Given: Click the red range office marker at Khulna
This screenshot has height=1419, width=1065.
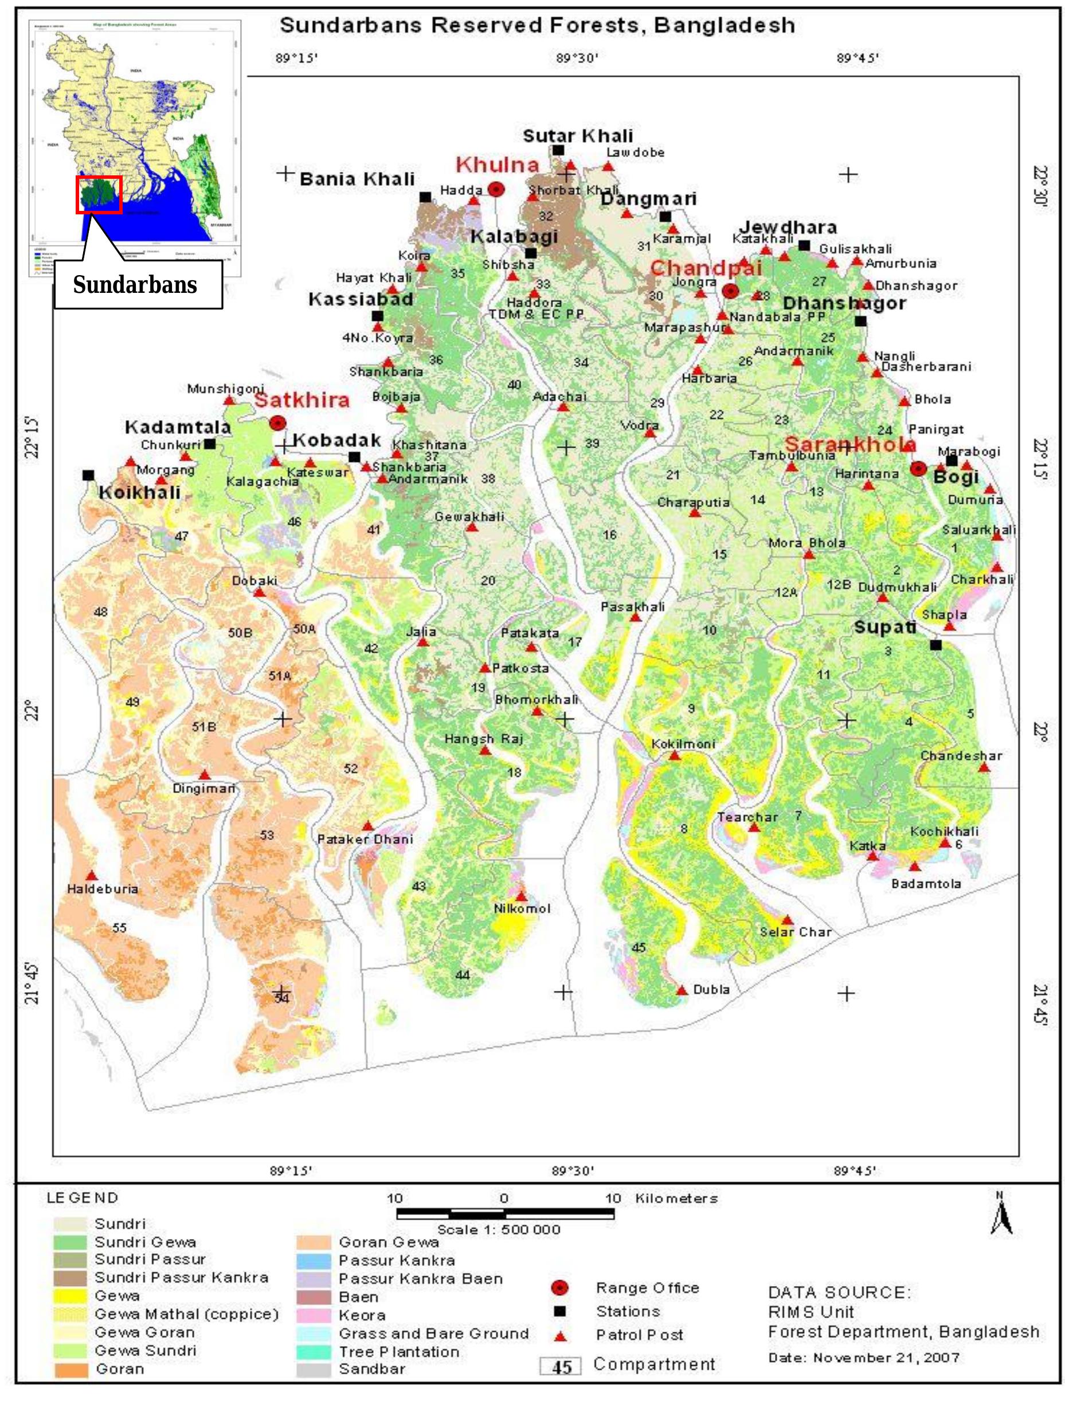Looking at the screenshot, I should click(496, 189).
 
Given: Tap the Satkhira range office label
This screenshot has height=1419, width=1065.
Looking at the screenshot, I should click(302, 400).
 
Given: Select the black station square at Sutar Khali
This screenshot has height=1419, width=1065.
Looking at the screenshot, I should click(558, 150).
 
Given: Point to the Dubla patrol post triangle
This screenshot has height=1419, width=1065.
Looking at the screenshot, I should click(682, 990).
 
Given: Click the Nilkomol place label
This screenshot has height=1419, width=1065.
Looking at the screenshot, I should click(522, 908).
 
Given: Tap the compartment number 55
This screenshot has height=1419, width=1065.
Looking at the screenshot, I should click(119, 928).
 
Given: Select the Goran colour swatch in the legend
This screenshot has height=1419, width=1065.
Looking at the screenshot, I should click(70, 1369).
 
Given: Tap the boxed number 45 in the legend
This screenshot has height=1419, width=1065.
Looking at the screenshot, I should click(561, 1366).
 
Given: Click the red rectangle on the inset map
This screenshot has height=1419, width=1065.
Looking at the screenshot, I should click(99, 194).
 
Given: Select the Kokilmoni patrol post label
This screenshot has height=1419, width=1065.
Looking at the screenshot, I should click(683, 744).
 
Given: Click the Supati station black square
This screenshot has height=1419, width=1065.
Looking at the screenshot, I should click(935, 645).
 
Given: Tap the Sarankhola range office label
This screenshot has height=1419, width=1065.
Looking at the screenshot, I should click(850, 444).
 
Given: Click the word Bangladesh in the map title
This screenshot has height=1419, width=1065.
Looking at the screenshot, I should click(725, 26).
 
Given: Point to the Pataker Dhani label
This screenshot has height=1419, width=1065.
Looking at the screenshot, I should click(365, 839).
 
